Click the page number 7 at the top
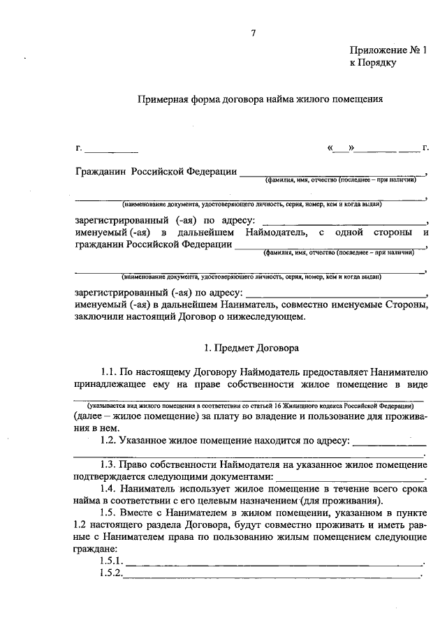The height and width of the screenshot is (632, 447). click(x=254, y=33)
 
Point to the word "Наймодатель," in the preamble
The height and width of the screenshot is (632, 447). click(x=279, y=232)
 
